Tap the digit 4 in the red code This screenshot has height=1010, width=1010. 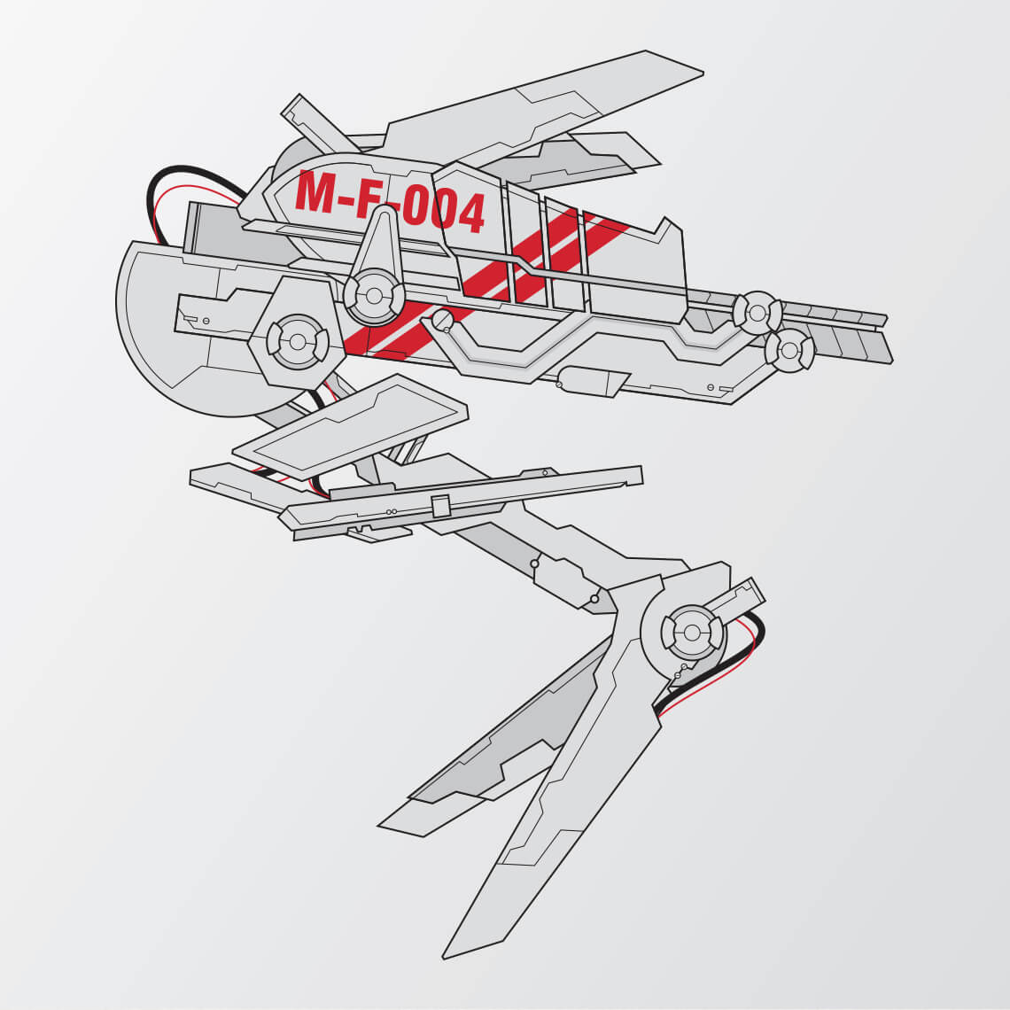tap(469, 213)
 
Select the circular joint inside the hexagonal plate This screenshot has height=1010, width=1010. tap(298, 341)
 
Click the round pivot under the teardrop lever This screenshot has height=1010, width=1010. tap(374, 296)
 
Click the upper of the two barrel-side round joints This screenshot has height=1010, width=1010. tap(757, 313)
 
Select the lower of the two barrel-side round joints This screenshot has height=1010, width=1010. tap(789, 351)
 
